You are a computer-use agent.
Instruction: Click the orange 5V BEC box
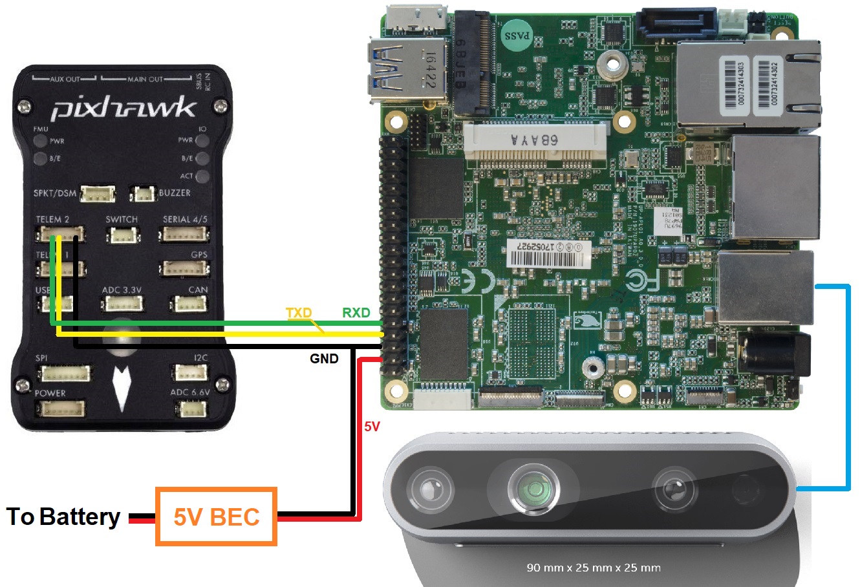(216, 517)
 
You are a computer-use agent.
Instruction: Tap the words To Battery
(63, 517)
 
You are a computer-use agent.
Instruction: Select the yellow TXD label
(299, 313)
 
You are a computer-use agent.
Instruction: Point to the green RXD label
(356, 313)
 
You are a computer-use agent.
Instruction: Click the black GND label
(324, 358)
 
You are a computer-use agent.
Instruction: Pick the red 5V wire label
(372, 427)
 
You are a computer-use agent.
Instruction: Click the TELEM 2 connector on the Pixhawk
(60, 233)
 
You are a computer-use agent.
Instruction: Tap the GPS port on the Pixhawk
(184, 268)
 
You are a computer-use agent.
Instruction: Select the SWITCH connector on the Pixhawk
(122, 235)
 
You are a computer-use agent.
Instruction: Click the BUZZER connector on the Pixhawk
(143, 193)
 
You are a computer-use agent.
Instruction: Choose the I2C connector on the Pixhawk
(190, 372)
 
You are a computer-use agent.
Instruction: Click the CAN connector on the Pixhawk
(189, 303)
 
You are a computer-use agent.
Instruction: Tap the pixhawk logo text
(123, 108)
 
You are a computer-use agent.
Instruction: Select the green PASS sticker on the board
(517, 36)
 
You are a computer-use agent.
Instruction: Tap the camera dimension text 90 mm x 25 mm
(593, 568)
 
